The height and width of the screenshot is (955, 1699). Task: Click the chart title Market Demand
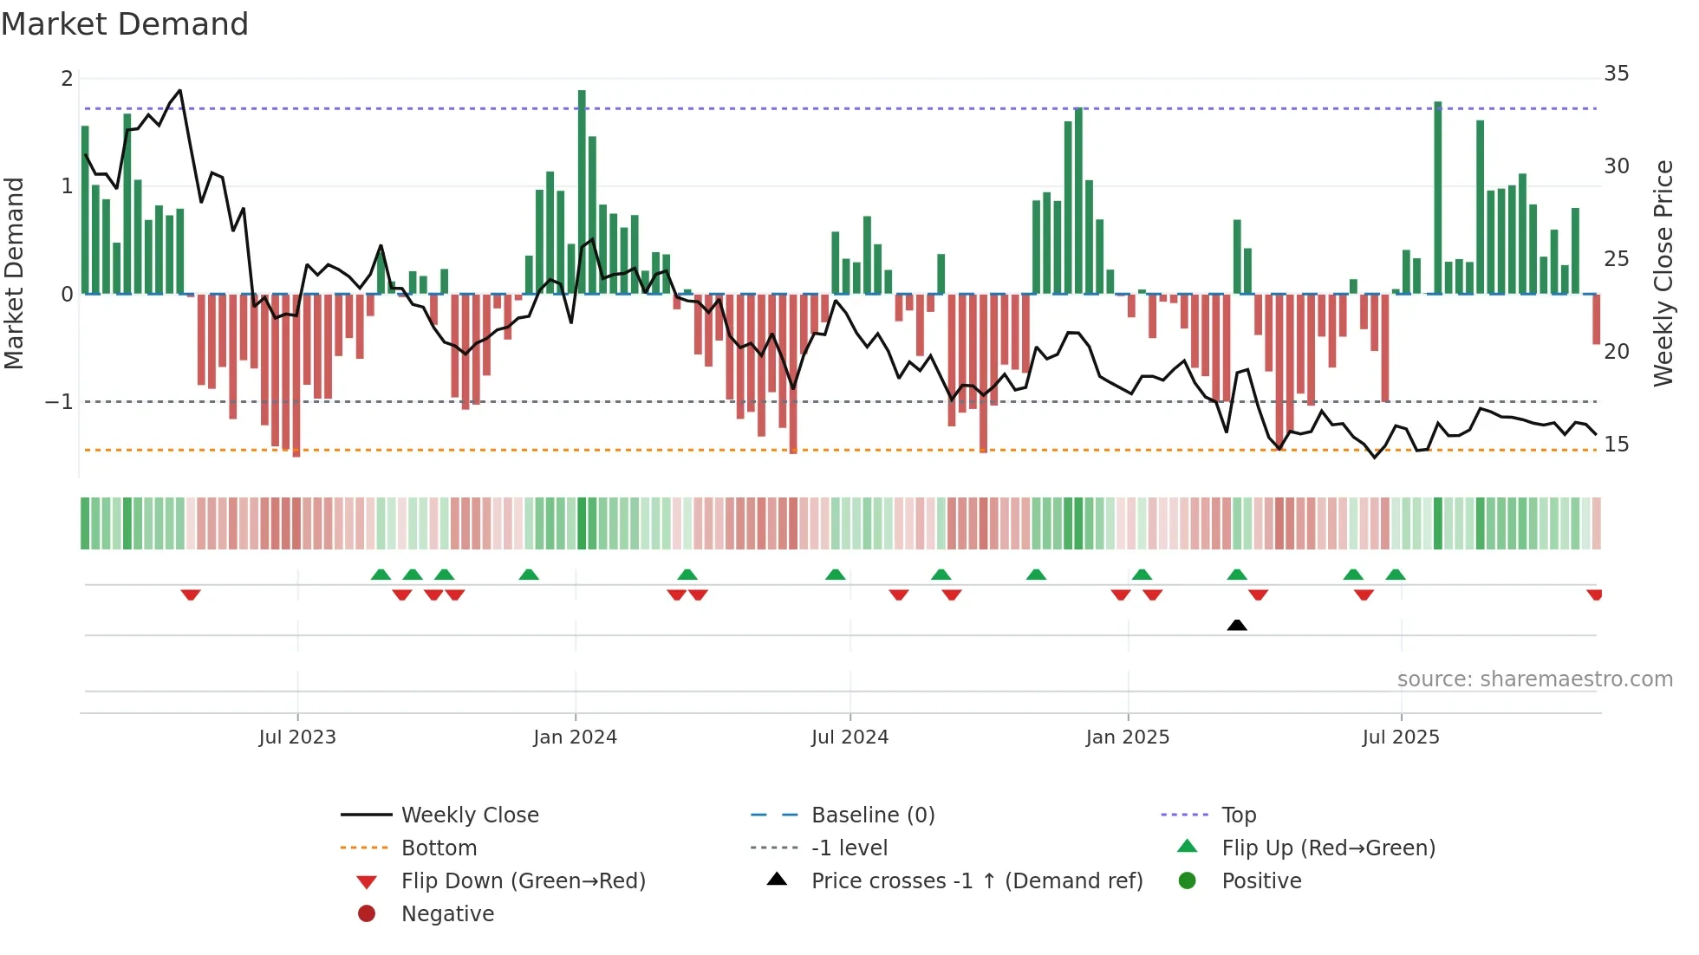125,24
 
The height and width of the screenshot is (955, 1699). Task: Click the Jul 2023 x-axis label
297,737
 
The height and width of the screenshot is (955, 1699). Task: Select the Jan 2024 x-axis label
575,737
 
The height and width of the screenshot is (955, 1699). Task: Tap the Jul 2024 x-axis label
849,737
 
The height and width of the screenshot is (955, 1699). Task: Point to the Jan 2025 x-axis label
1127,737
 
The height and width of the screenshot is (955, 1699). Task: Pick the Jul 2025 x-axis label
1400,737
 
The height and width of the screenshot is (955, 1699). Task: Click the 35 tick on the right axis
1616,74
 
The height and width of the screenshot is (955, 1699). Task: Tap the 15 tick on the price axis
1616,445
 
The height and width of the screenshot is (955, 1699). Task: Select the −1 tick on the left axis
59,402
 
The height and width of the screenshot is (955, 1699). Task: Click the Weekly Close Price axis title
1663,273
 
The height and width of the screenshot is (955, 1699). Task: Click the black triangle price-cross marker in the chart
1237,625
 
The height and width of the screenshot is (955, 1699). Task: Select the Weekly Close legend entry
469,815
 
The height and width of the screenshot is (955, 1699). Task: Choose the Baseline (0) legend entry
872,815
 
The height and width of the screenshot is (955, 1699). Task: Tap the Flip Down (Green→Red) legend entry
523,881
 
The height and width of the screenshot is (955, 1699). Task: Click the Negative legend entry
447,914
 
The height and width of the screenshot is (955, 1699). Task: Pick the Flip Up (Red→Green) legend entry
1328,848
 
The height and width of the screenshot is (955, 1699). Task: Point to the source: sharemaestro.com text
1534,679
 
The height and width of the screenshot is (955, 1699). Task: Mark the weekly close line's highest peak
179,90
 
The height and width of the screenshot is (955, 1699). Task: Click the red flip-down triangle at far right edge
1594,594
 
